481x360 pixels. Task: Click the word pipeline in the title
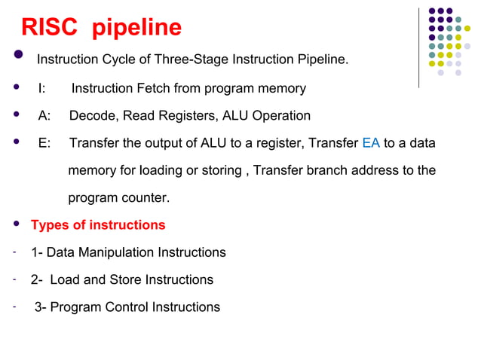pyautogui.click(x=137, y=29)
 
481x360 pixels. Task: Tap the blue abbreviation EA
pyautogui.click(x=371, y=143)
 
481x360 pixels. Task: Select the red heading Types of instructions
pyautogui.click(x=97, y=225)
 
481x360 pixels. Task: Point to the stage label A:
pyautogui.click(x=44, y=116)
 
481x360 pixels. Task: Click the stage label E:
pyautogui.click(x=44, y=143)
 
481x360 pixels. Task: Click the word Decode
pyautogui.click(x=92, y=116)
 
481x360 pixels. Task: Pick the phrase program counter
pyautogui.click(x=118, y=199)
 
